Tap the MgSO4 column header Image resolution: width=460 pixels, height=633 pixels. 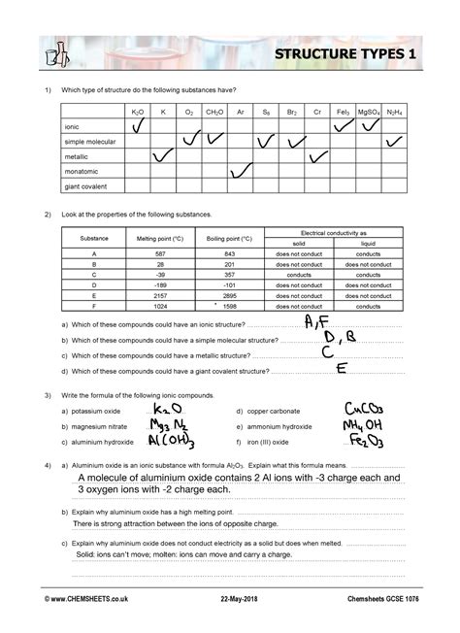click(369, 113)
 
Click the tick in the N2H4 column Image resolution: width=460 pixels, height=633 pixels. click(394, 141)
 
